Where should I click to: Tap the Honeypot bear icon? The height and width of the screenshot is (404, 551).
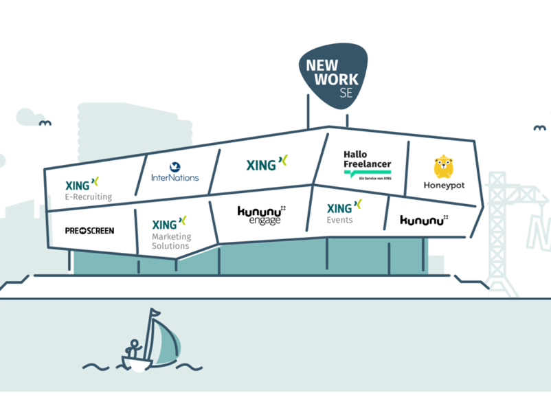point(443,167)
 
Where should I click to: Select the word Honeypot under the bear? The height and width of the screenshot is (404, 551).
point(444,186)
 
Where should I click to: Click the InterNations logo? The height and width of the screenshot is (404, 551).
point(175,172)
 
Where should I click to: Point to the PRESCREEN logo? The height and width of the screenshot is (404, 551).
point(89,231)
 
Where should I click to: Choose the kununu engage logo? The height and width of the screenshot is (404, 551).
point(261,216)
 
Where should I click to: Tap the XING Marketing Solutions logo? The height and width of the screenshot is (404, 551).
point(170,232)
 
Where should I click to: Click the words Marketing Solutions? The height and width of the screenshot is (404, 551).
point(172,241)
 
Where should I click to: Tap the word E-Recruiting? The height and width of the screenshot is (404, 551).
point(88,197)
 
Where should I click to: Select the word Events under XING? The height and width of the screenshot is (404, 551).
point(340,221)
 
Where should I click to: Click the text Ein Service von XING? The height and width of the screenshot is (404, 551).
point(372,179)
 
